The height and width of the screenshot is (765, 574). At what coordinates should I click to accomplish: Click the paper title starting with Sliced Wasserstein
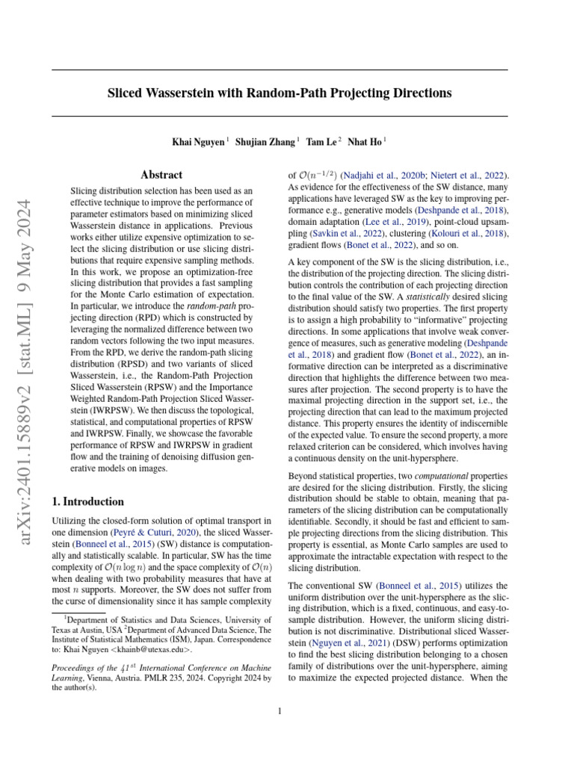pos(280,93)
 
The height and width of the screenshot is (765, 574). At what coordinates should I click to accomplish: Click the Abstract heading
pos(161,175)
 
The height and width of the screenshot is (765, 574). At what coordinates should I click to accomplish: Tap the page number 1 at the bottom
pos(280,711)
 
